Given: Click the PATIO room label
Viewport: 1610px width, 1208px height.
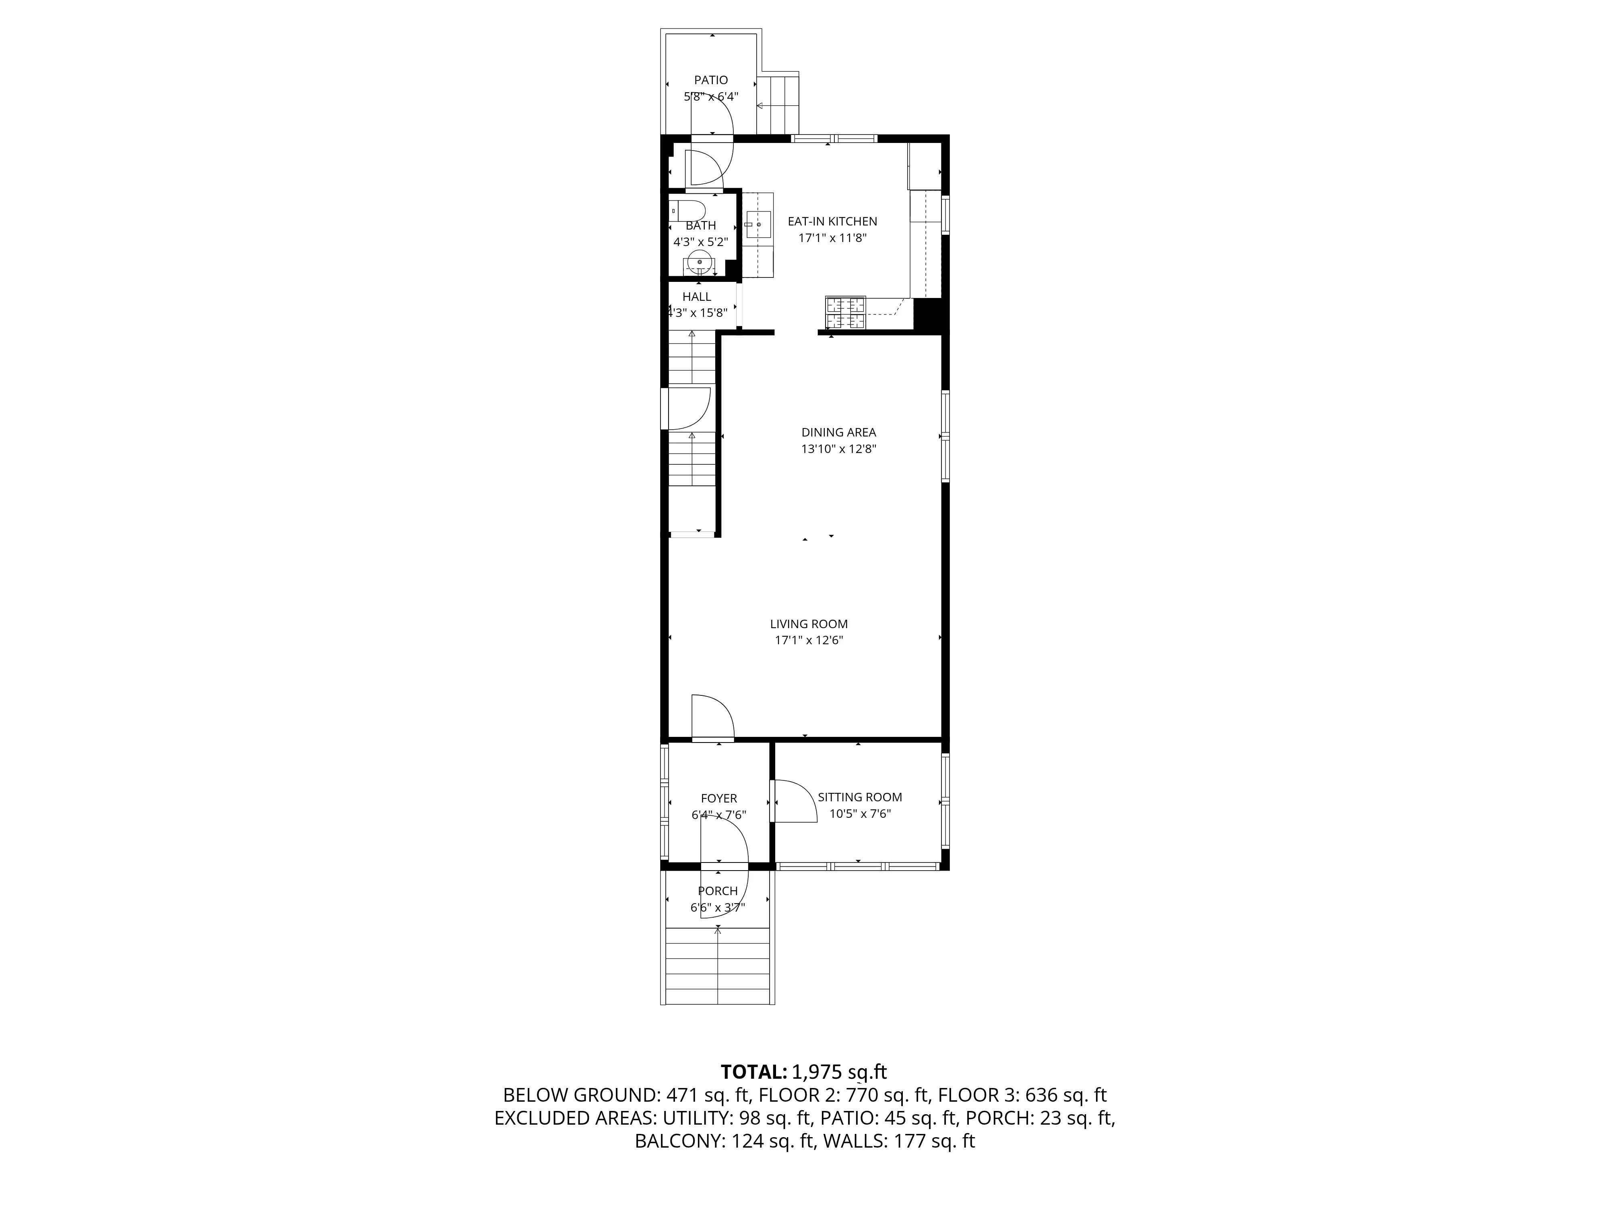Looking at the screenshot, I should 710,80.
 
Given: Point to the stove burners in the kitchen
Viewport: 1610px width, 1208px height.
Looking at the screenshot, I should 845,313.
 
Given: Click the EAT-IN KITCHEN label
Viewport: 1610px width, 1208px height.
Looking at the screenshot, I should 832,221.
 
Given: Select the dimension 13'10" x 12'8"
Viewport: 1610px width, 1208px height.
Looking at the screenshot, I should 838,449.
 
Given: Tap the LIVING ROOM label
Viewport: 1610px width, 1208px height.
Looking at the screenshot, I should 809,624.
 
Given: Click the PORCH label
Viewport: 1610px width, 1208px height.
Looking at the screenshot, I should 718,891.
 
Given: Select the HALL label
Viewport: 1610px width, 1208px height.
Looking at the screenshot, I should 697,297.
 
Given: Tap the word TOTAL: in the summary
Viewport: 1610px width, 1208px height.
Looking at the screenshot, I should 753,1072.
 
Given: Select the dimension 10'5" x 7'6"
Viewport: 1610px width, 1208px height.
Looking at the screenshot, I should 860,814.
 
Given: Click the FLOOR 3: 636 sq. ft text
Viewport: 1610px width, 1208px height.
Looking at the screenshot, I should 1022,1095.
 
